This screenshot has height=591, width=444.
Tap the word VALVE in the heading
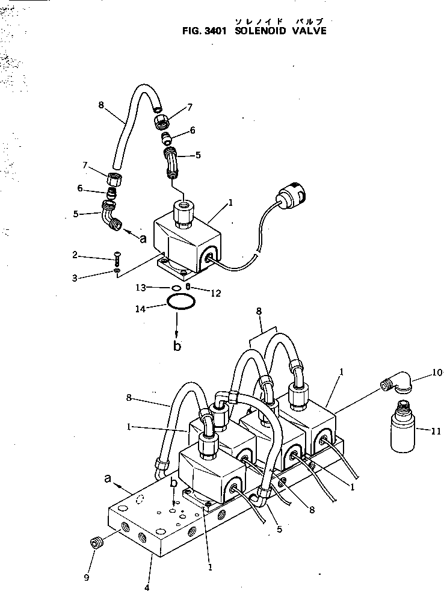click(309, 31)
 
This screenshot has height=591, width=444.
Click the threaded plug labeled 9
click(95, 543)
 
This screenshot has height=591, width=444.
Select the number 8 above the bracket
click(259, 311)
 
